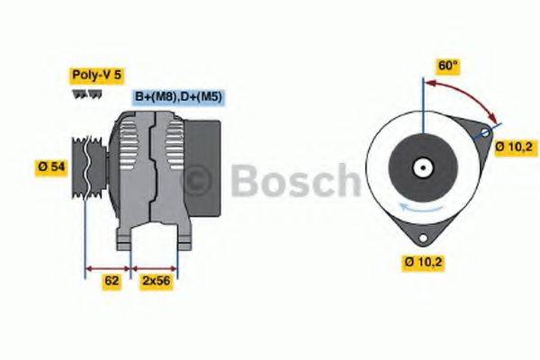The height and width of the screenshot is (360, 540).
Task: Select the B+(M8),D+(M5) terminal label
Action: click(177, 96)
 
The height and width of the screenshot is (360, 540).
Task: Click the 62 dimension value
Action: click(112, 281)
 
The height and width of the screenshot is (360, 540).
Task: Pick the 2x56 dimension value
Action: click(157, 281)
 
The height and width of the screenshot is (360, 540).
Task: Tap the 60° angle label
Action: click(447, 66)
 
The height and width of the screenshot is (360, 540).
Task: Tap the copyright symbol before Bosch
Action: click(199, 182)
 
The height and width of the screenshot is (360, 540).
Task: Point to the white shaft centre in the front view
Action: click(421, 167)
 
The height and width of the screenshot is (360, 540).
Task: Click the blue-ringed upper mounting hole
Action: click(485, 132)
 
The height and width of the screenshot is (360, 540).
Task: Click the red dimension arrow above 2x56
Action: click(155, 268)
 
